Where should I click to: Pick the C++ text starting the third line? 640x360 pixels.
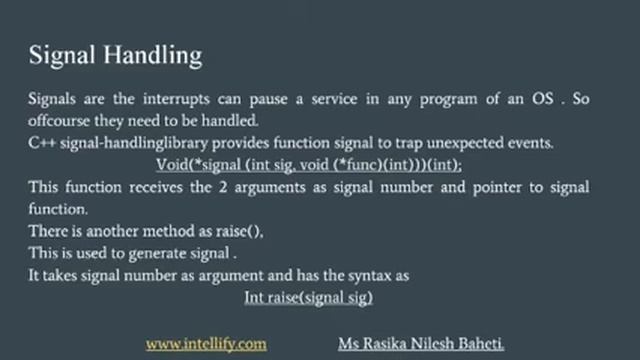pos(40,143)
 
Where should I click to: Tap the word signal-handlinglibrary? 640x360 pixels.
pos(124,143)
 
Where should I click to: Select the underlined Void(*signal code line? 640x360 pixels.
pos(309,164)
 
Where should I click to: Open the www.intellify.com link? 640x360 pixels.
pos(206,343)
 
